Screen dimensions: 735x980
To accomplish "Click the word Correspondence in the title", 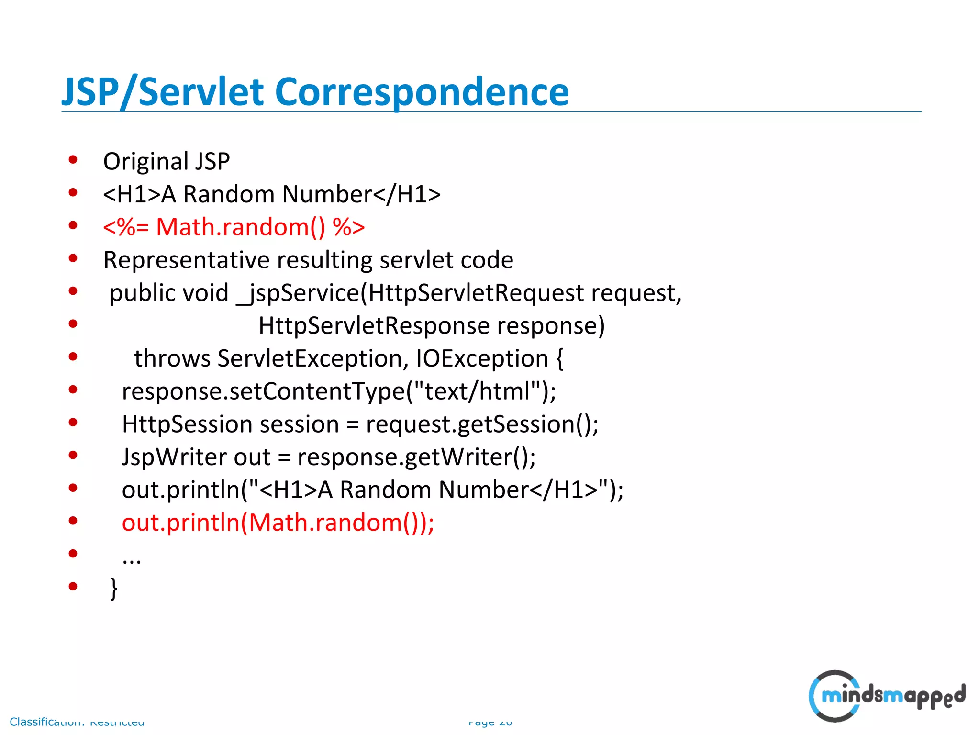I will click(x=421, y=92).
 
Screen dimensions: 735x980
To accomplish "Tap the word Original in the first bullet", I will click(x=139, y=162).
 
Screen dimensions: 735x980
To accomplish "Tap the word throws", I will click(x=172, y=358).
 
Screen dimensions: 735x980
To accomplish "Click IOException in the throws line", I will click(x=482, y=358).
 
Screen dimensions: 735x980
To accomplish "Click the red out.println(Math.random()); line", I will click(x=278, y=523).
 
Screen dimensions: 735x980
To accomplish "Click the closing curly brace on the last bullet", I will click(x=113, y=588).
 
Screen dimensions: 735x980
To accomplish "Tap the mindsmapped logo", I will click(x=886, y=696).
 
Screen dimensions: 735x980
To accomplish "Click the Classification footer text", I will click(x=77, y=722).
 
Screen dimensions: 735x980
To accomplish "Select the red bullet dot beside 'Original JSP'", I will click(x=73, y=160).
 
